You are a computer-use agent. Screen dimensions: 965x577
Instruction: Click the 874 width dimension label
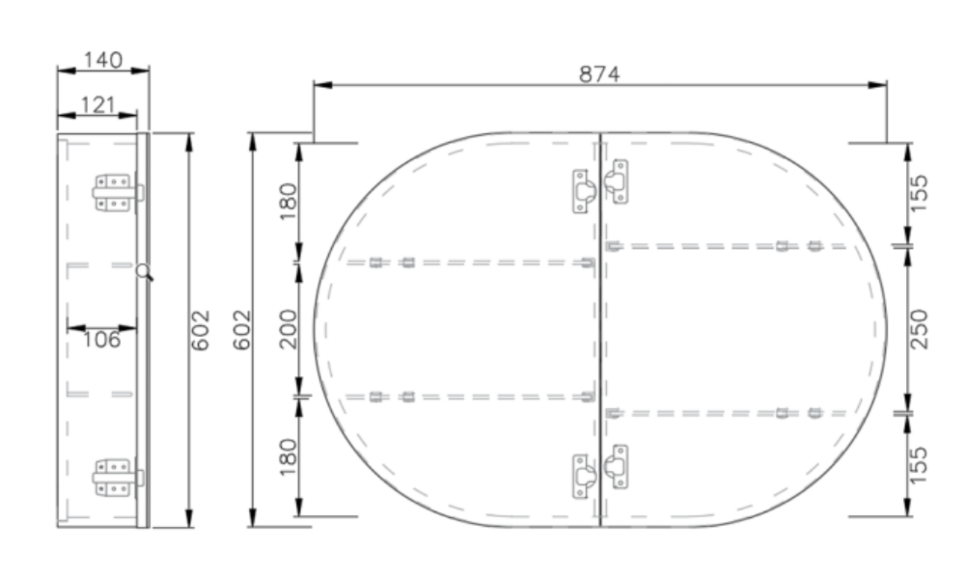pos(599,74)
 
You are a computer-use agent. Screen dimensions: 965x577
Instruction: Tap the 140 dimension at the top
pos(103,60)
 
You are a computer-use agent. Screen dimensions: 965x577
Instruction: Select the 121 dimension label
pos(98,105)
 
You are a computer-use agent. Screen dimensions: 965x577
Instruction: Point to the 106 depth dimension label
pos(102,340)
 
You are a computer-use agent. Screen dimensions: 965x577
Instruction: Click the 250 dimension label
pos(919,329)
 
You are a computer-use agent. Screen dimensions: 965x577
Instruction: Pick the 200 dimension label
pos(288,329)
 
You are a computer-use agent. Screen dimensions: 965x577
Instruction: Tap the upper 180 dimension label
pos(288,201)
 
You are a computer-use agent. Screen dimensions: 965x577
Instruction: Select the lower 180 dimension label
pos(288,457)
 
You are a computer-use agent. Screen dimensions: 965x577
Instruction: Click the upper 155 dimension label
pos(919,193)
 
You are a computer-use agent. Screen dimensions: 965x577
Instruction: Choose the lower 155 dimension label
pos(919,465)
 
